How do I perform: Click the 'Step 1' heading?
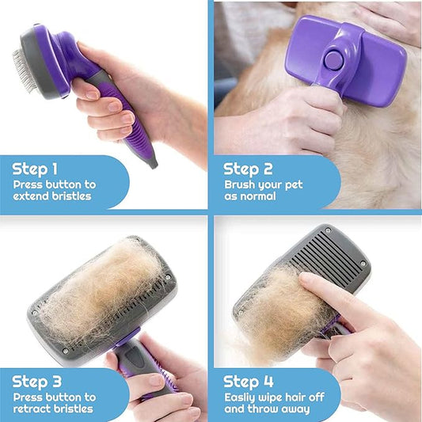point(35,169)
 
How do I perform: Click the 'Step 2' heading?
point(247,169)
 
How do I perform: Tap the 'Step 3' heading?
point(36,382)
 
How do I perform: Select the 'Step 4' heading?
point(248,382)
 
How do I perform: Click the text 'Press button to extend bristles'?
point(55,190)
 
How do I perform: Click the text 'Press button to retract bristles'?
point(55,403)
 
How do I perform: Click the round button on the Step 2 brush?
point(333,59)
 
